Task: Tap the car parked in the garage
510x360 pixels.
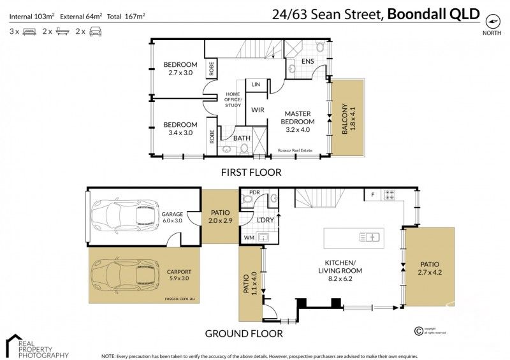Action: click(125, 214)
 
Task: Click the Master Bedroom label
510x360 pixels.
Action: click(299, 117)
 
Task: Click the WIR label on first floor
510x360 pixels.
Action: click(258, 110)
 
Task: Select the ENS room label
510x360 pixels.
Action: click(307, 61)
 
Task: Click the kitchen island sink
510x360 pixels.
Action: click(369, 238)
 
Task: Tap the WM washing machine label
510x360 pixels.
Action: click(248, 238)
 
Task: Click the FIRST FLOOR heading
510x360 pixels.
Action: click(251, 172)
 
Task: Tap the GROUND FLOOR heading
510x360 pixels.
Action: click(244, 333)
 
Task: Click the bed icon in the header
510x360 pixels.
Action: click(29, 31)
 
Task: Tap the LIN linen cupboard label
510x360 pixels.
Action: click(256, 84)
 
